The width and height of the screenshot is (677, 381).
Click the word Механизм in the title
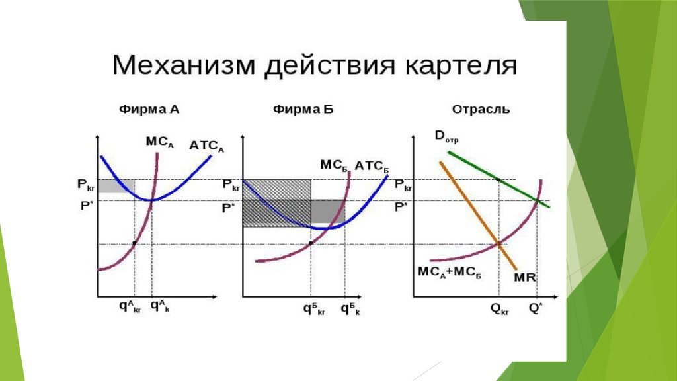pos(184,65)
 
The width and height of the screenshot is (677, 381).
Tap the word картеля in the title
pos(461,65)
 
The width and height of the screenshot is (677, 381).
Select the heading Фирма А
pos(149,109)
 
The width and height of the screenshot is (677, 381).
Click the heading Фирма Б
pos(303,109)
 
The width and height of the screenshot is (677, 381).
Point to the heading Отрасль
pos(481,110)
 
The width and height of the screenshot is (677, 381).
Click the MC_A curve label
pos(160,142)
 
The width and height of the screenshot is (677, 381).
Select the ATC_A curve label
pos(207,146)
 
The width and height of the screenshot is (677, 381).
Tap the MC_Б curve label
pos(335,165)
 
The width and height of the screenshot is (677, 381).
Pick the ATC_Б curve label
pos(372,166)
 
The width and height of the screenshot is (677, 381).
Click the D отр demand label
pos(446,136)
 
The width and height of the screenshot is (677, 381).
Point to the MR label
pos(525,277)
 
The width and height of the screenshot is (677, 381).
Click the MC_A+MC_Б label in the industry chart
pos(450,273)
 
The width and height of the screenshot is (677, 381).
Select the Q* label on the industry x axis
pos(535,308)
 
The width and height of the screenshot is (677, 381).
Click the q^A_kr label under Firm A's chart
pos(130,306)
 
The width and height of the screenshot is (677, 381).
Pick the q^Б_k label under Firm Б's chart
pos(350,308)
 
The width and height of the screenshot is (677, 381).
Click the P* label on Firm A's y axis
pos(87,206)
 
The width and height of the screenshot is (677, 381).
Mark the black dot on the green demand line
pos(498,179)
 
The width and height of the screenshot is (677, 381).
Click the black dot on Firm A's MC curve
pos(134,243)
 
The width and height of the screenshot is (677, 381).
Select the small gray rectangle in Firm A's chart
pos(116,186)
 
